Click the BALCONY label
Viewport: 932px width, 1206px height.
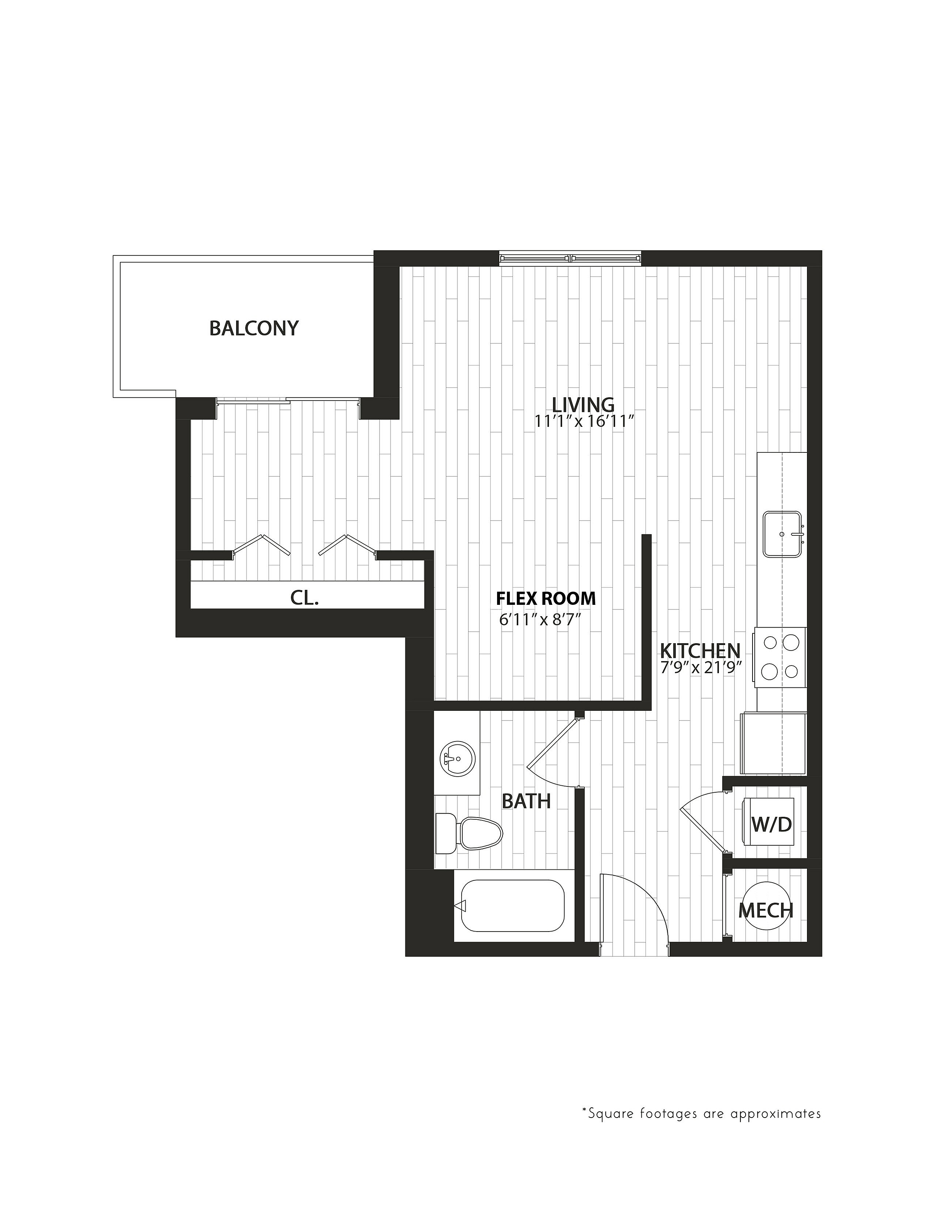(254, 329)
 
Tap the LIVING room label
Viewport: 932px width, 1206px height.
(584, 405)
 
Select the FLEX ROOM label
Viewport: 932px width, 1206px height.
(546, 598)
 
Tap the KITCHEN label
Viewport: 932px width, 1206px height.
(700, 651)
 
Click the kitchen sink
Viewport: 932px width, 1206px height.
(783, 534)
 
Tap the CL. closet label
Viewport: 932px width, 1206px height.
(304, 598)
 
